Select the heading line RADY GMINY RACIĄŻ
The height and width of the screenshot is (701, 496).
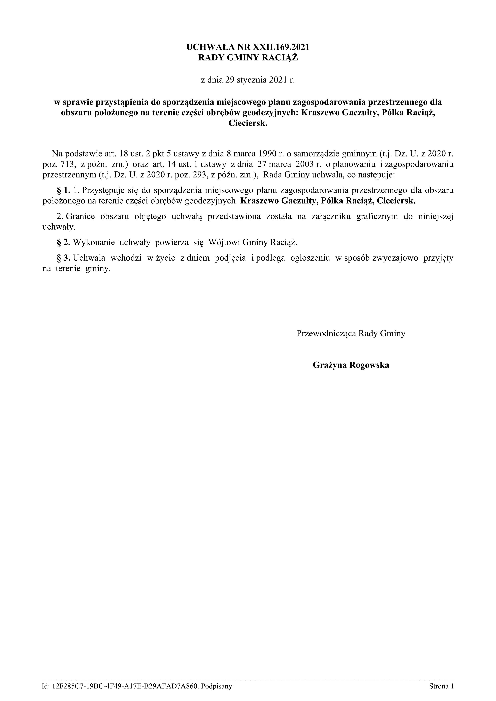(248, 58)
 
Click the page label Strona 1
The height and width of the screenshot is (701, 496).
(441, 687)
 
